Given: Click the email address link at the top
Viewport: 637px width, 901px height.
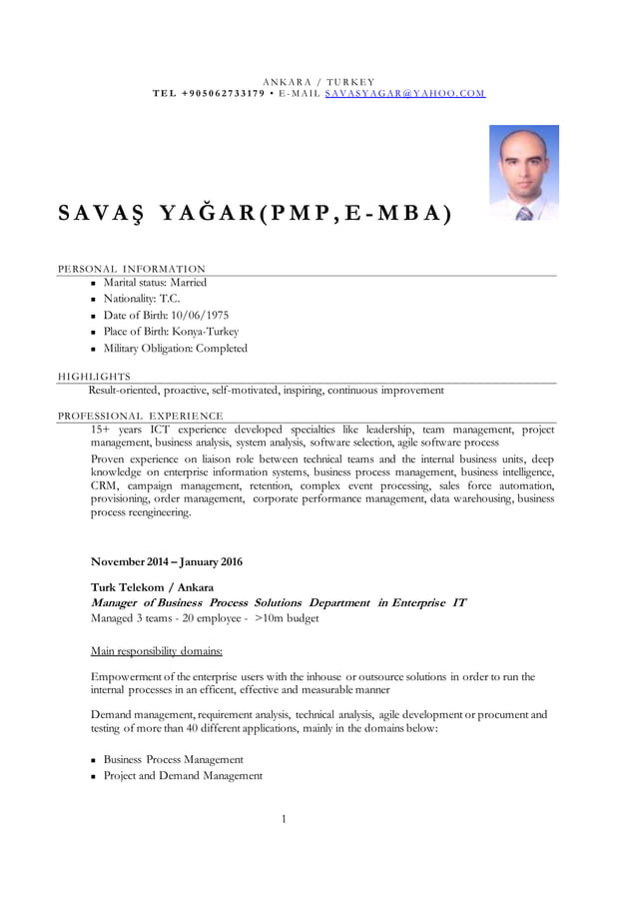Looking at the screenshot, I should [404, 93].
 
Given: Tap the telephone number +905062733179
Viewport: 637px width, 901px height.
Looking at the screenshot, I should [224, 93].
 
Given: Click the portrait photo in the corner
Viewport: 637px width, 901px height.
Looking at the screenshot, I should [523, 172].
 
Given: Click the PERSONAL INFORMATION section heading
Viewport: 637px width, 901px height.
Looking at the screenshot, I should [131, 269].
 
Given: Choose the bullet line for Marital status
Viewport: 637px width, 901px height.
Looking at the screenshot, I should [155, 283].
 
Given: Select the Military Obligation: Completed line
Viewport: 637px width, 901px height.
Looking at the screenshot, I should [175, 349].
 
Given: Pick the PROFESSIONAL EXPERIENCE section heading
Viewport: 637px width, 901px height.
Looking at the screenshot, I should [140, 416].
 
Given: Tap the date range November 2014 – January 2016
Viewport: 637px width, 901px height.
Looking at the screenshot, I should [166, 561].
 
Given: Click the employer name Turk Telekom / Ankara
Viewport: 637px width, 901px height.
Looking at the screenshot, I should [152, 587].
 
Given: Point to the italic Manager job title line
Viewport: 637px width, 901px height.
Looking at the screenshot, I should [278, 603].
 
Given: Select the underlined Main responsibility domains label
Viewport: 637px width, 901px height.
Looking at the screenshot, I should [156, 650].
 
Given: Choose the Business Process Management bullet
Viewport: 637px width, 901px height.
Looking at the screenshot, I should [173, 759].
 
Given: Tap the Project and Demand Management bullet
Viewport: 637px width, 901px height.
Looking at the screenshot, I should [183, 775].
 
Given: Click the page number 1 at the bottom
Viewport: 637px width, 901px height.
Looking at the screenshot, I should [284, 819].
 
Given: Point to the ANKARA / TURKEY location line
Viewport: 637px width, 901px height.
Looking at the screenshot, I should [318, 81].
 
